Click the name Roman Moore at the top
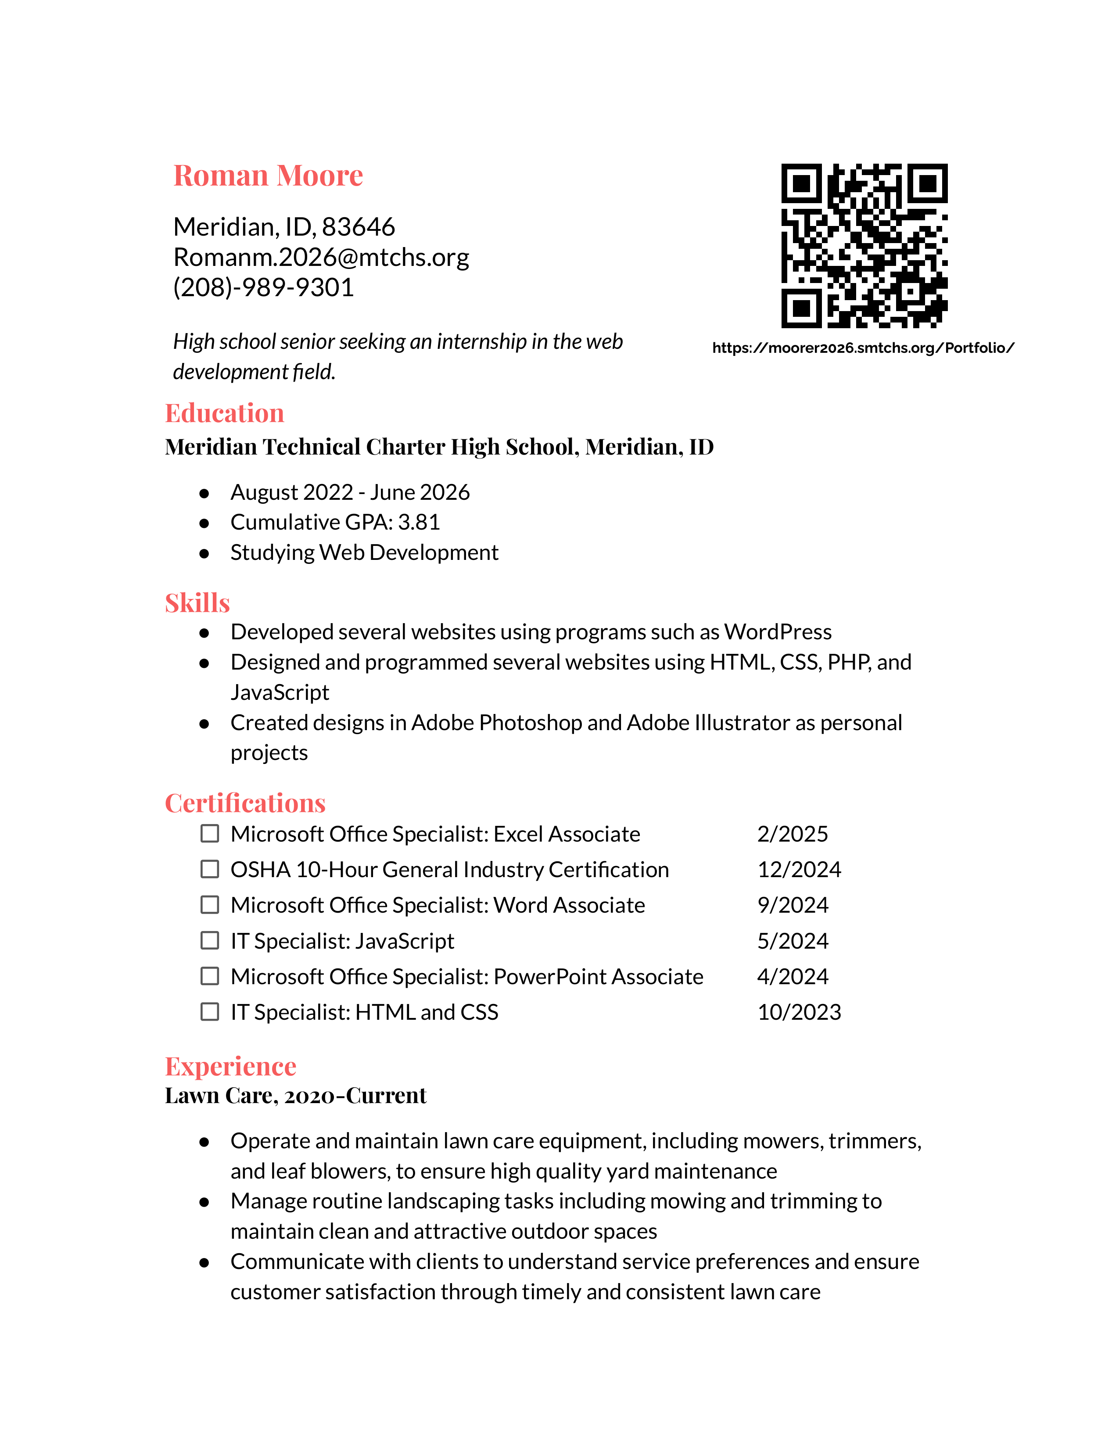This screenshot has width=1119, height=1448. click(x=268, y=176)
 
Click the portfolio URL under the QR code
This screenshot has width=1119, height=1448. click(x=862, y=348)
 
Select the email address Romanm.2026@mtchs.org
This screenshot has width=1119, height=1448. click(x=321, y=257)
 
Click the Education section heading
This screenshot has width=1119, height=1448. click(x=224, y=413)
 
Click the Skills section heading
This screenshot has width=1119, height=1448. click(x=197, y=602)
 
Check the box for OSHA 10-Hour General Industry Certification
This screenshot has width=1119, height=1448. click(x=209, y=869)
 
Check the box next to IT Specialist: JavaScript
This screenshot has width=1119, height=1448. click(x=209, y=940)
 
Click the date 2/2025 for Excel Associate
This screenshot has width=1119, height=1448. click(x=792, y=834)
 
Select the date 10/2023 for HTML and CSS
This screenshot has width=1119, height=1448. click(x=799, y=1012)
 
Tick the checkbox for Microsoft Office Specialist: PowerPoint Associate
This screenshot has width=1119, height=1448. click(x=209, y=976)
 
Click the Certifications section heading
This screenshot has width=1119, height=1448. click(x=244, y=803)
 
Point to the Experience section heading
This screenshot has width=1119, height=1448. click(x=230, y=1066)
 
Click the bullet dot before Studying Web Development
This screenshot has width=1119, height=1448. click(x=204, y=553)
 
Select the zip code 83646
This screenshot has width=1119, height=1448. click(x=358, y=227)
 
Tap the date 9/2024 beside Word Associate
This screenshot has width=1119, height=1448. click(x=792, y=905)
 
